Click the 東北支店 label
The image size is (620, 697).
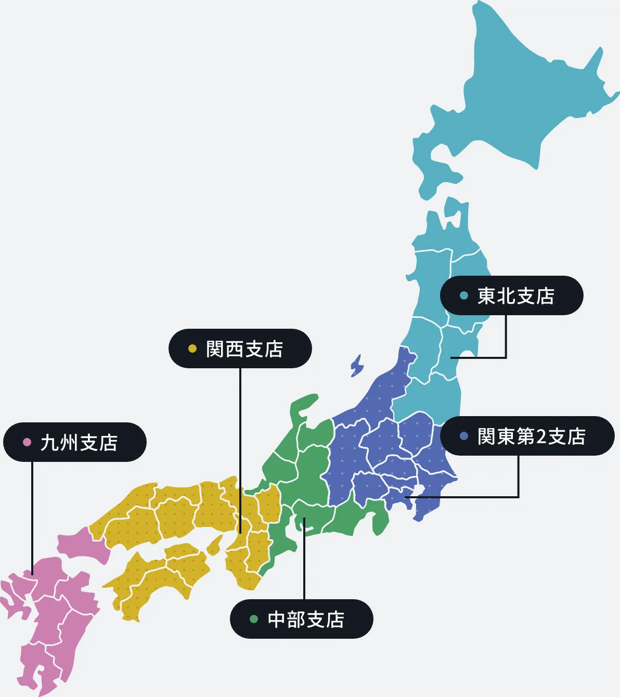[512, 295]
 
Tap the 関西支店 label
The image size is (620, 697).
[240, 348]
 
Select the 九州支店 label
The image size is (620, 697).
[75, 442]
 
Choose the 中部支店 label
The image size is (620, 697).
[302, 619]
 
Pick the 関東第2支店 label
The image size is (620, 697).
[527, 436]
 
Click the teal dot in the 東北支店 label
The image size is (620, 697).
[464, 296]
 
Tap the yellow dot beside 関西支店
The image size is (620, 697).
[192, 348]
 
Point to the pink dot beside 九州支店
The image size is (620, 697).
[27, 442]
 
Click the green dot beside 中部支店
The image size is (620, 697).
[254, 619]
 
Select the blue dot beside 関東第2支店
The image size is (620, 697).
[464, 436]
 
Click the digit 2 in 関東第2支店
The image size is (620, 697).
[541, 436]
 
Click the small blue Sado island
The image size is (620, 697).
[357, 365]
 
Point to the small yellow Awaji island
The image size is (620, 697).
[214, 545]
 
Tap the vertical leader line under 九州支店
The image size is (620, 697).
[32, 515]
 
